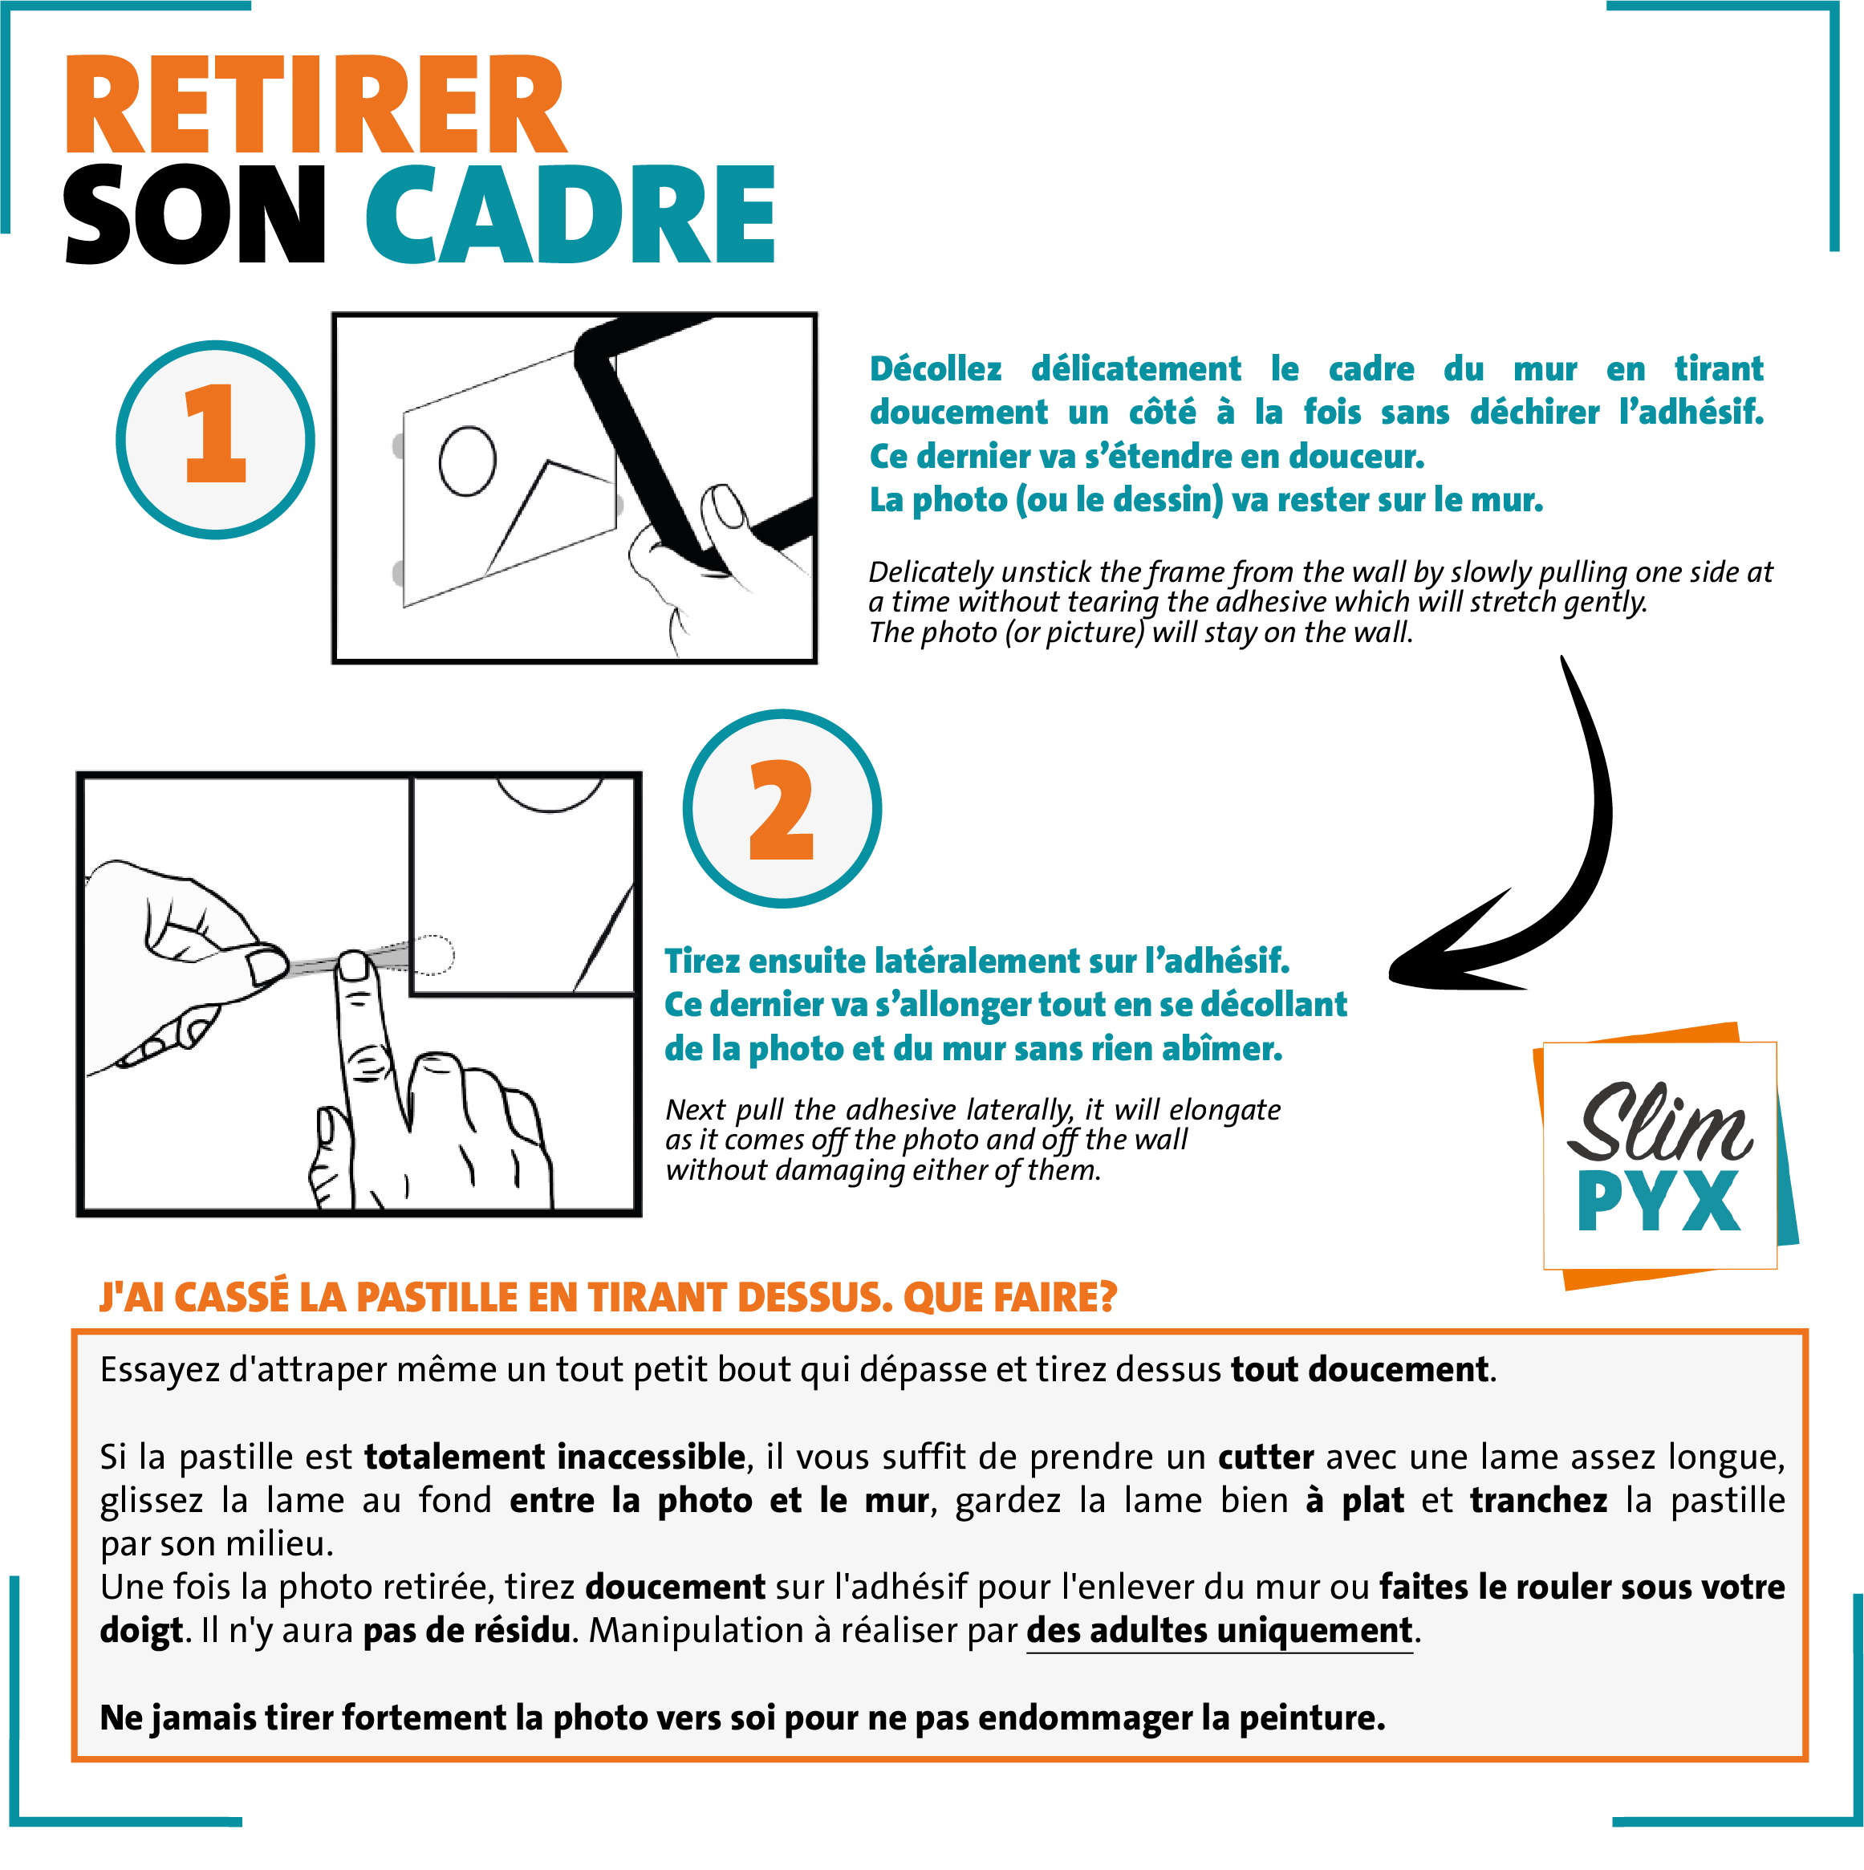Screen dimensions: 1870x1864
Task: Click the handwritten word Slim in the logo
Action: coord(1658,1124)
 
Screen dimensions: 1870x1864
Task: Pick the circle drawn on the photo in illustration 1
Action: coord(468,460)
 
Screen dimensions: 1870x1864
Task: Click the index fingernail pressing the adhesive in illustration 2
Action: coord(353,964)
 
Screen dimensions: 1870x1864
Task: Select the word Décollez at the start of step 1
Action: coord(935,368)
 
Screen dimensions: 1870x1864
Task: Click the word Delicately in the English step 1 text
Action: coord(930,572)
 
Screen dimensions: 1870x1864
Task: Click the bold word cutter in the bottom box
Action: coord(1265,1457)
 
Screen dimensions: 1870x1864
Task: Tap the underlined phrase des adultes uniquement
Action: coord(1219,1631)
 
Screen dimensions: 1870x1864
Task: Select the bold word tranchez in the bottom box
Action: coord(1538,1500)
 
